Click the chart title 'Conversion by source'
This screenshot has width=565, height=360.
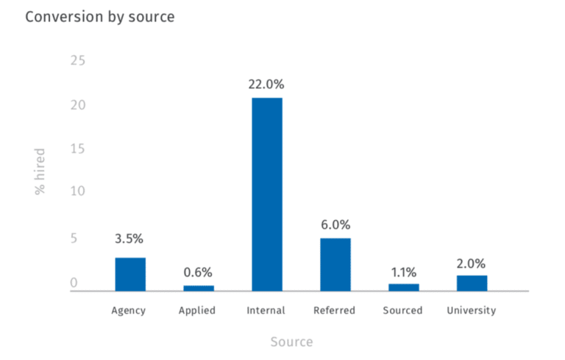coord(100,16)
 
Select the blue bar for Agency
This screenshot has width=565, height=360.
coord(130,274)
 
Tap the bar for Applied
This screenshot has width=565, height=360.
coord(198,288)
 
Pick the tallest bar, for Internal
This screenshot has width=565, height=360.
coord(266,194)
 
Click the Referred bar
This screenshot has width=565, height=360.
coord(335,264)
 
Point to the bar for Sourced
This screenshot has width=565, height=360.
coord(403,287)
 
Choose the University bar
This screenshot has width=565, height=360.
coord(472,283)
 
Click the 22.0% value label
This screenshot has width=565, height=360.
coord(266,85)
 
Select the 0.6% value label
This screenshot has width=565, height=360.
coord(199,272)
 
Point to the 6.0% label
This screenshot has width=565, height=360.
coord(335,225)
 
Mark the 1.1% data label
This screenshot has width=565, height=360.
coord(403,269)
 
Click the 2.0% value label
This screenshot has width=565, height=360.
coord(472,264)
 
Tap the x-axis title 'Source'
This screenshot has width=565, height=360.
coord(291,342)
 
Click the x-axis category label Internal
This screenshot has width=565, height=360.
coord(266,311)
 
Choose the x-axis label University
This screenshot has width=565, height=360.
coord(472,311)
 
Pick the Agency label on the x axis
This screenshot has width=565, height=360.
coord(129,311)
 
